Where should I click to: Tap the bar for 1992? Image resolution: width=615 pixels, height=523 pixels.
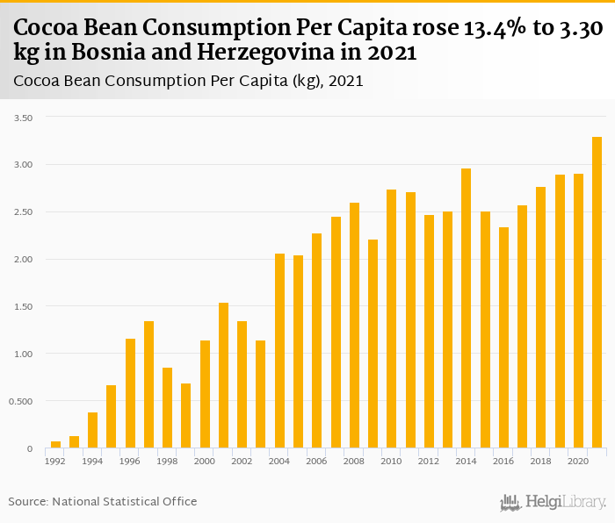(x=55, y=445)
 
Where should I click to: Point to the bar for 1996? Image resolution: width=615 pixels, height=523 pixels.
(x=130, y=393)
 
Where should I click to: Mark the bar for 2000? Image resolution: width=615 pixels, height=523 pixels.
(x=205, y=394)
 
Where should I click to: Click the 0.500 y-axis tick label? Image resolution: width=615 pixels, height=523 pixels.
(x=18, y=402)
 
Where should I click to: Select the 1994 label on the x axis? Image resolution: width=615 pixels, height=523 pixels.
(x=92, y=461)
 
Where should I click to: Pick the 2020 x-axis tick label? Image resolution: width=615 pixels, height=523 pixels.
(x=578, y=461)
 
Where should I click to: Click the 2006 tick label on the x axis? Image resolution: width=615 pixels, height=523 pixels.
(x=316, y=461)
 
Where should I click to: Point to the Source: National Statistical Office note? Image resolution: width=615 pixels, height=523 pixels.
(x=103, y=501)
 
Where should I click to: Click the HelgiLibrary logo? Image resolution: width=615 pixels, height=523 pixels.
(x=553, y=503)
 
